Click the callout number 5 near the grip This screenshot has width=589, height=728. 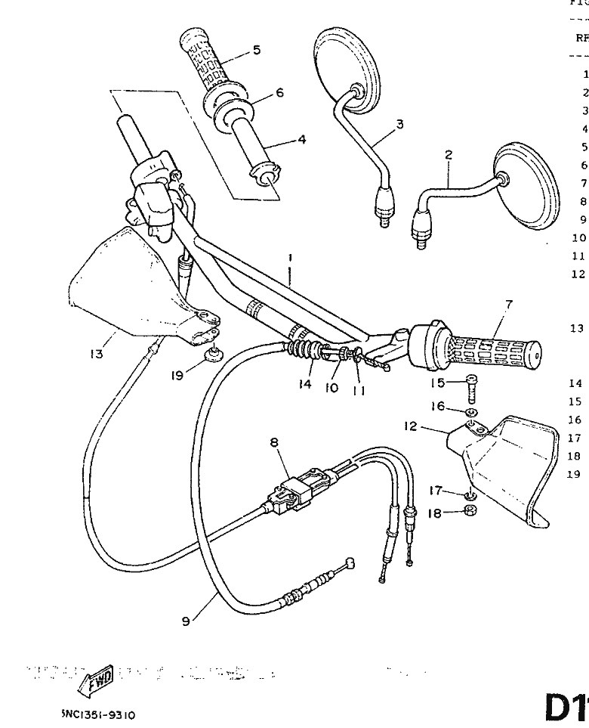tap(257, 50)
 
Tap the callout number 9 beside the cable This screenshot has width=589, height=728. tap(185, 622)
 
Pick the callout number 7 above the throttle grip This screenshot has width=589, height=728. tap(508, 305)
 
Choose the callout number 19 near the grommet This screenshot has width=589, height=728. tap(177, 373)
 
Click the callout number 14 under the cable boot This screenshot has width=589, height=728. tap(304, 385)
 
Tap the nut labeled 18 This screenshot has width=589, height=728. tap(469, 511)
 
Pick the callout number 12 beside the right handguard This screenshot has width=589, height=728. tap(410, 426)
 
